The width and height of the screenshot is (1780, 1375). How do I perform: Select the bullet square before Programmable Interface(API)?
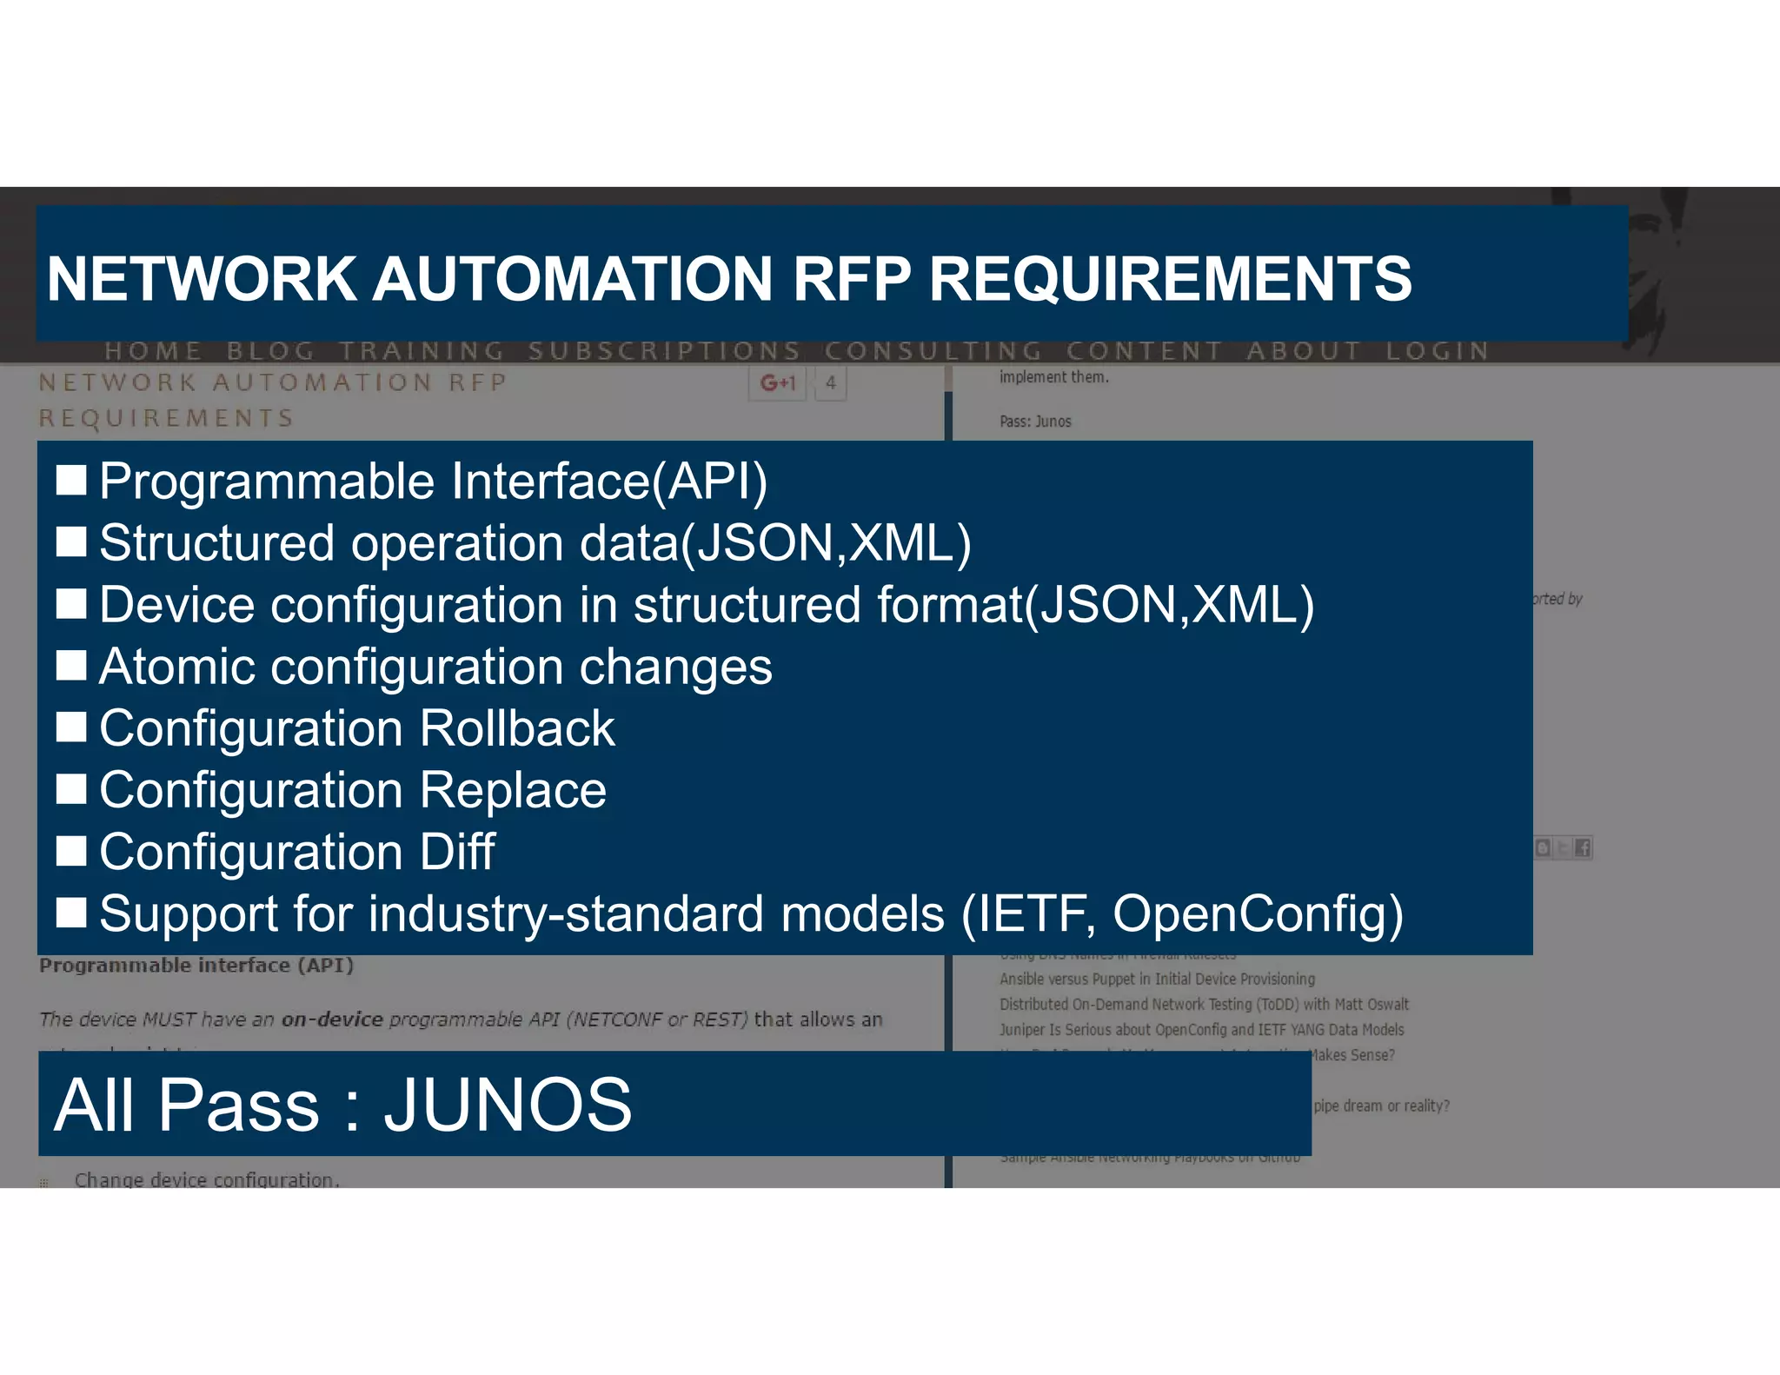tap(71, 481)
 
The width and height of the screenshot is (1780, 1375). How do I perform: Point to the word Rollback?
tap(517, 728)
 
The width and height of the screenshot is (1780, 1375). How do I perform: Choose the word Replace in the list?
tap(513, 790)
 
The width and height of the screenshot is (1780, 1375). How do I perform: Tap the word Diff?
tap(457, 852)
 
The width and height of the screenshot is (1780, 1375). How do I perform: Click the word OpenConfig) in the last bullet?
tap(1258, 914)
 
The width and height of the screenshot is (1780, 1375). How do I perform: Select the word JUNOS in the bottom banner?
tap(508, 1105)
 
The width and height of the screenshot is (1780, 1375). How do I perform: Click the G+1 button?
tap(778, 383)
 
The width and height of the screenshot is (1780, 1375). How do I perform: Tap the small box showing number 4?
tap(831, 383)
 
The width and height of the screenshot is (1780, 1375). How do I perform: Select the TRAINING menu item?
tap(422, 351)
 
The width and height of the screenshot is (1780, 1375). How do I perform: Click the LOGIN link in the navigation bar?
tap(1438, 351)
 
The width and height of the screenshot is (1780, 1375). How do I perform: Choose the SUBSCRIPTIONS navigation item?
tap(664, 351)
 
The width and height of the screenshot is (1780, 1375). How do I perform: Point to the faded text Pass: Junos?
tap(1035, 422)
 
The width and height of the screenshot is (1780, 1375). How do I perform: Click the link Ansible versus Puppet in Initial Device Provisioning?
tap(1157, 980)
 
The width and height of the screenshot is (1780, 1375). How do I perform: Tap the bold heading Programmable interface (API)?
tap(196, 966)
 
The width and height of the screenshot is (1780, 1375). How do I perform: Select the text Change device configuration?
tap(207, 1179)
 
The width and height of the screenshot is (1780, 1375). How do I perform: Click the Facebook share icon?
tap(1582, 848)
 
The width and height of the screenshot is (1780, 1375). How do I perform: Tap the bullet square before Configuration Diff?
tap(71, 852)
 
